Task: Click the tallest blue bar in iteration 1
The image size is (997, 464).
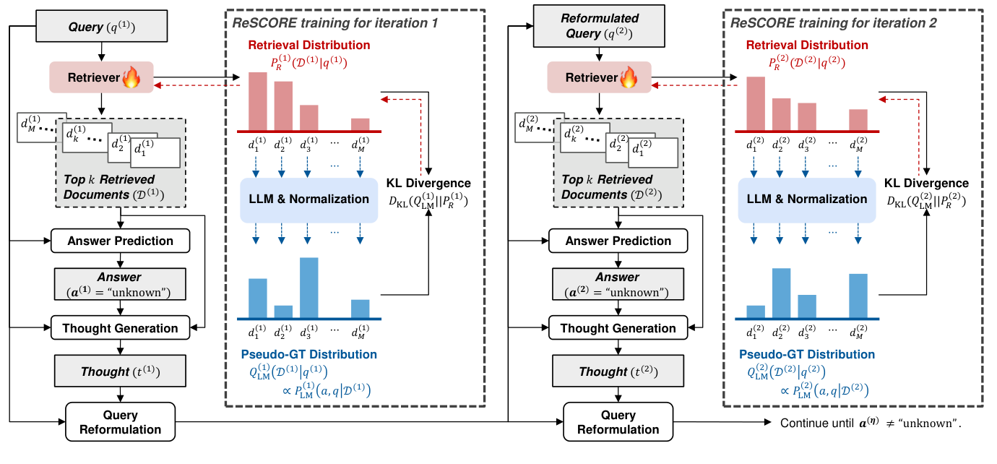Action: [308, 288]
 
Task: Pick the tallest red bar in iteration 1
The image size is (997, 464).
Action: [258, 101]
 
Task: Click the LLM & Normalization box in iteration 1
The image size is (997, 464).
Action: [308, 199]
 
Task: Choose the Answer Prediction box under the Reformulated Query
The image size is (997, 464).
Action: [618, 241]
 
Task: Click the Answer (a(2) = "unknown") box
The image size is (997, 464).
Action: [618, 284]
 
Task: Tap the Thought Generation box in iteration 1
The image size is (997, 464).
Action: [120, 328]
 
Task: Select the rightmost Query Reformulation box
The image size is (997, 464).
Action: [618, 422]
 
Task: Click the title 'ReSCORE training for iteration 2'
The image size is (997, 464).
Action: [833, 23]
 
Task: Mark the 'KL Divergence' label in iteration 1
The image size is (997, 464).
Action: [428, 184]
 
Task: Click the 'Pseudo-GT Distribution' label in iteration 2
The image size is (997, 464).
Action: [806, 354]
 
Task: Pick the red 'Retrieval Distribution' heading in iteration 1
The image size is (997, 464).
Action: [308, 45]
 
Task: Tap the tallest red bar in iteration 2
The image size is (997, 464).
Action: [755, 103]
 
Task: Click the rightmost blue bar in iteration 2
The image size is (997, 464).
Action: [858, 296]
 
